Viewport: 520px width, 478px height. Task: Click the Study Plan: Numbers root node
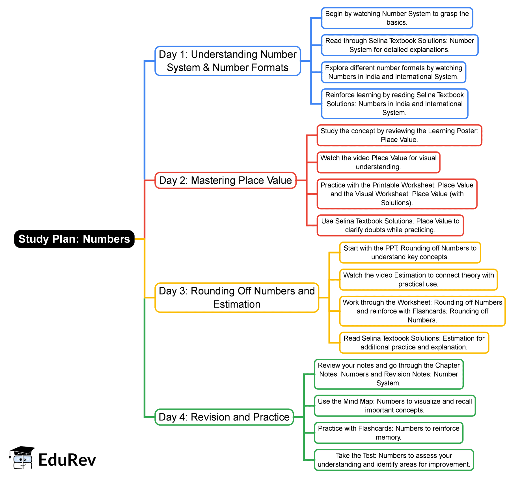[74, 239]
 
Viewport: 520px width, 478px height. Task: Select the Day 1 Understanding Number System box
[228, 61]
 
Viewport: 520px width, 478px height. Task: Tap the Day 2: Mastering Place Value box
[225, 180]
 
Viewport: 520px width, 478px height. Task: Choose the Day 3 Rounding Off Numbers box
[237, 298]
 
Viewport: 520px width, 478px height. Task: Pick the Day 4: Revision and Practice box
[224, 417]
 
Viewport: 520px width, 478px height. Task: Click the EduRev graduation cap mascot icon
[22, 458]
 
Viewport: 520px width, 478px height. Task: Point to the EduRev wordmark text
[67, 460]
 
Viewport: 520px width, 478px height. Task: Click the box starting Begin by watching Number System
[397, 18]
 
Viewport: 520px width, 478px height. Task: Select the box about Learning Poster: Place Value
[399, 135]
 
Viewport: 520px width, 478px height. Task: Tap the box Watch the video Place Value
[378, 162]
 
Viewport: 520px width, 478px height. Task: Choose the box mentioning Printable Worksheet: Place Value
[397, 194]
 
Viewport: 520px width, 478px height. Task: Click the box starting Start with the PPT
[410, 253]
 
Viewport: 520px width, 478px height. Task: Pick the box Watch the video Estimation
[418, 279]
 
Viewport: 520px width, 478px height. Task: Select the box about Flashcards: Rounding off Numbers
[422, 311]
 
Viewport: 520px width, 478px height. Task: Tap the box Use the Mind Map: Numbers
[394, 406]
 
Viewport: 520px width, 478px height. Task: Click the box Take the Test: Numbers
[394, 460]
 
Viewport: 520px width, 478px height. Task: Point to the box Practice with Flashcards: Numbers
[388, 433]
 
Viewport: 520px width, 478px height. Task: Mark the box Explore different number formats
[393, 72]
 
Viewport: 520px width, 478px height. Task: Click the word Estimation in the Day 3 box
[237, 304]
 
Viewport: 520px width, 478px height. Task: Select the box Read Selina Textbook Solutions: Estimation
[414, 343]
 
